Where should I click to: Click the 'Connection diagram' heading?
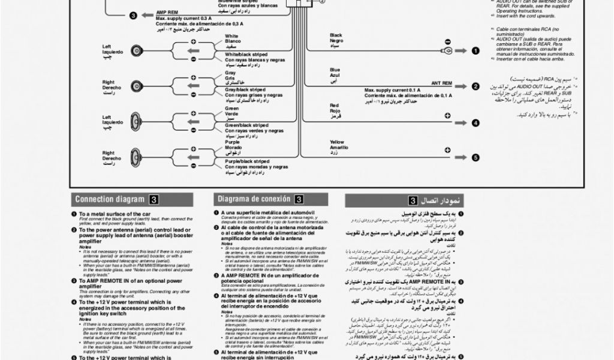coord(109,200)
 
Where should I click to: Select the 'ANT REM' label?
coord(441,83)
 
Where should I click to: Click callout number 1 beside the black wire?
coord(475,51)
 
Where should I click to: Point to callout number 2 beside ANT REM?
coord(475,86)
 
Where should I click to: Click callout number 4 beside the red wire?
coord(475,123)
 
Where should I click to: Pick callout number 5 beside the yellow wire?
coord(475,158)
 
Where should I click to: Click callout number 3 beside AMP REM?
coord(133,15)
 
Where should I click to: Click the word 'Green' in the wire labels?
coord(231,108)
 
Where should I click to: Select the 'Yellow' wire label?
coord(337,142)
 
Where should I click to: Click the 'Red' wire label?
coord(334,106)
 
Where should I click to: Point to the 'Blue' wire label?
coord(335,70)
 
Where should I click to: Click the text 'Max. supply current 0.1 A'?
coord(392,90)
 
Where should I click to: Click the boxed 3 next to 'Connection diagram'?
coord(155,200)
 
